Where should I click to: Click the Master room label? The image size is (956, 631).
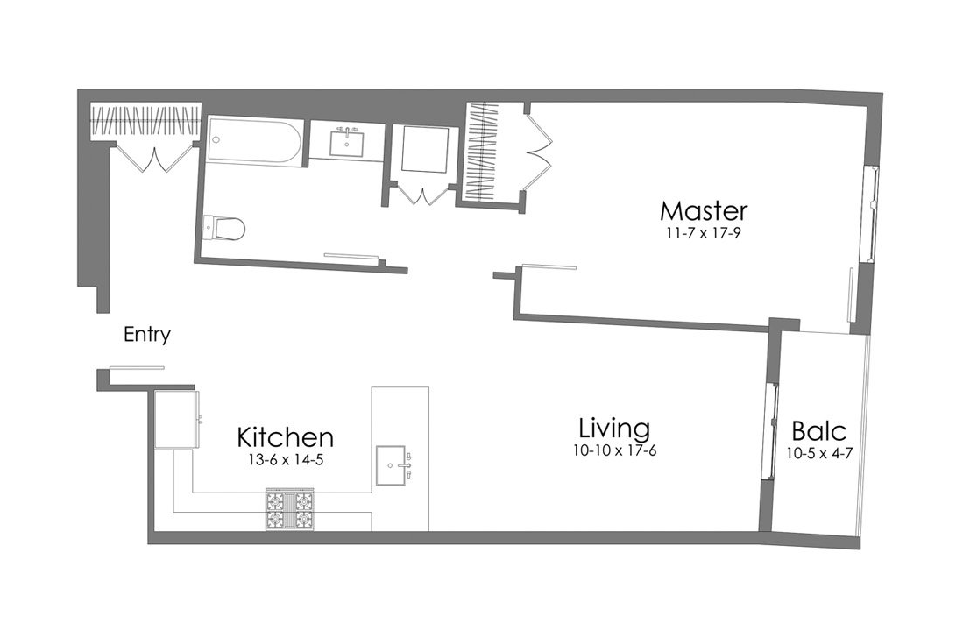(x=704, y=211)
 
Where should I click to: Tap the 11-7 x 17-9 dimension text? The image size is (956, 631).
(x=704, y=233)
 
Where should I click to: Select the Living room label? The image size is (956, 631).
(x=614, y=429)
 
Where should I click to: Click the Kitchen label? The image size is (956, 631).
(x=286, y=436)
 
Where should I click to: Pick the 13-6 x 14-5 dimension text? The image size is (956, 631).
(x=286, y=458)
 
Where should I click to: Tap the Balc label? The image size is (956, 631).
(x=818, y=431)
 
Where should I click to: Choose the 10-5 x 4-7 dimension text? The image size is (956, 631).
(x=818, y=453)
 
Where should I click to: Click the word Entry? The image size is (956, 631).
(x=146, y=335)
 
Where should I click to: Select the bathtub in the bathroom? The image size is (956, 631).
(x=255, y=140)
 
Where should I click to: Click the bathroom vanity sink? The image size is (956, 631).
(x=348, y=143)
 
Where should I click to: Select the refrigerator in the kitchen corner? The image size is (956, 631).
(x=179, y=420)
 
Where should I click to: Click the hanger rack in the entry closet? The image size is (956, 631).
(x=146, y=122)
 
